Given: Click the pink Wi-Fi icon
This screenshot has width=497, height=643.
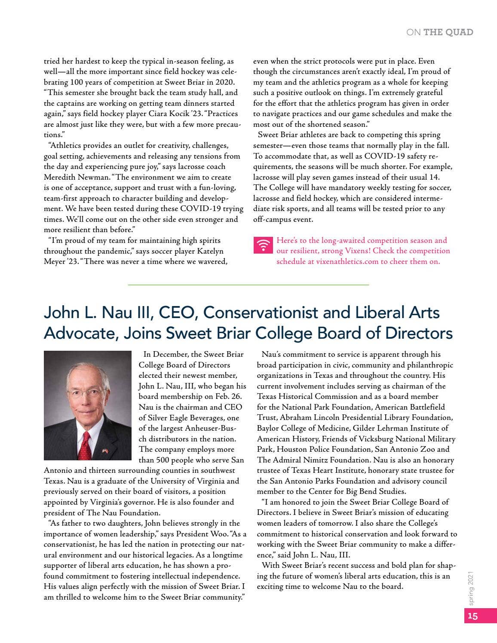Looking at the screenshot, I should (263, 245).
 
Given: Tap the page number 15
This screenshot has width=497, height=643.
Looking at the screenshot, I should (472, 615).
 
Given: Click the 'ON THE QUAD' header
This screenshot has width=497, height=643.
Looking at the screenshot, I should (439, 32).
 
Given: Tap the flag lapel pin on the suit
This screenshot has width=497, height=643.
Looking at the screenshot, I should (105, 450).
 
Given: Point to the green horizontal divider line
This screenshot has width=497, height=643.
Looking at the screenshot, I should (248, 285).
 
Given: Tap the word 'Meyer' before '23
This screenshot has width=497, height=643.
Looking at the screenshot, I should (55, 261).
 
